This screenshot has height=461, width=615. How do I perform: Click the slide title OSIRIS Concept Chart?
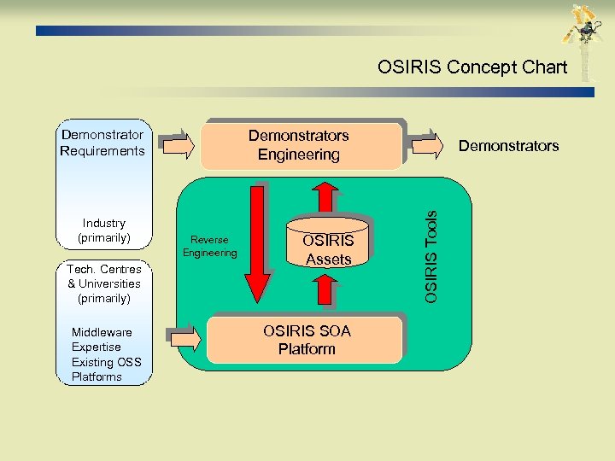(x=472, y=67)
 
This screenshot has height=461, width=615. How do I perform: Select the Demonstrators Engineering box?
(x=299, y=145)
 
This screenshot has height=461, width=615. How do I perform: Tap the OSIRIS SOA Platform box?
(x=306, y=340)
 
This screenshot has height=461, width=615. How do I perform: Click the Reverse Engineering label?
(x=209, y=246)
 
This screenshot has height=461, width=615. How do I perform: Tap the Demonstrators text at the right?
(x=508, y=146)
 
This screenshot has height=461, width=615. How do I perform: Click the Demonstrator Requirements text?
(x=102, y=143)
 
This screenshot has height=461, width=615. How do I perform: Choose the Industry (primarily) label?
(x=103, y=230)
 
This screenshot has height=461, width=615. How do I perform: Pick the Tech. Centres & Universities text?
(x=103, y=283)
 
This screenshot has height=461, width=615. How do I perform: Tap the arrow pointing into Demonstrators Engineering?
(x=178, y=145)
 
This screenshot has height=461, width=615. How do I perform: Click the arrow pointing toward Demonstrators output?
(x=426, y=145)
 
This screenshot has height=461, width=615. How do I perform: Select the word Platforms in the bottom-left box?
(x=97, y=376)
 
